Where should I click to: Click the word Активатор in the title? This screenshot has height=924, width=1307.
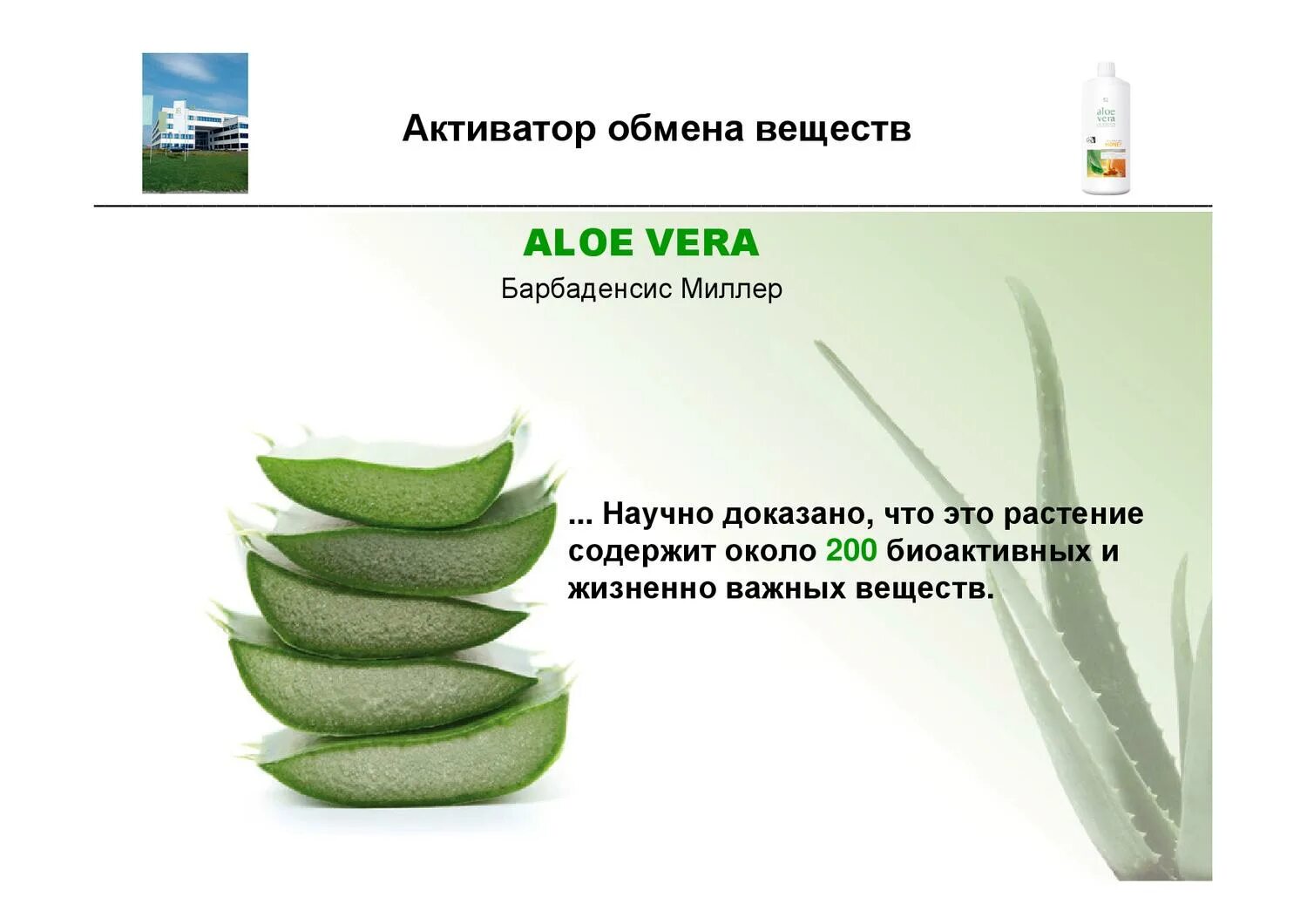point(499,129)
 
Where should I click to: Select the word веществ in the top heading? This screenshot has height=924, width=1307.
point(833,129)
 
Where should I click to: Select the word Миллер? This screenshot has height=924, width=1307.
point(731,289)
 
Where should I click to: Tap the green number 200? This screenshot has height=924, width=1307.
point(850,551)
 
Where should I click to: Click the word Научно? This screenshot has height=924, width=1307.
point(657,513)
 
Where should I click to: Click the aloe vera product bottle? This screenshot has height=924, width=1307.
point(1106,129)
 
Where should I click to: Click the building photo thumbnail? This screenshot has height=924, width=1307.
point(195,123)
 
